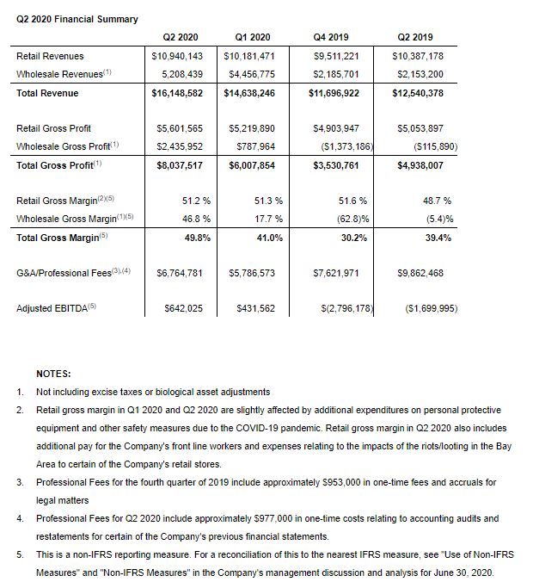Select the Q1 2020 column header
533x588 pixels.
(252, 37)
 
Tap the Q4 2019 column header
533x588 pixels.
(335, 37)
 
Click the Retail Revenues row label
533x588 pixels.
(51, 56)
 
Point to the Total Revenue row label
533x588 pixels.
(48, 93)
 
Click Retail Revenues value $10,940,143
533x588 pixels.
(176, 56)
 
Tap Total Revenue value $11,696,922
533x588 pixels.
(334, 93)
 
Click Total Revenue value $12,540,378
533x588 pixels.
(415, 93)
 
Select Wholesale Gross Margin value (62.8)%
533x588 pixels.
(340, 219)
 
